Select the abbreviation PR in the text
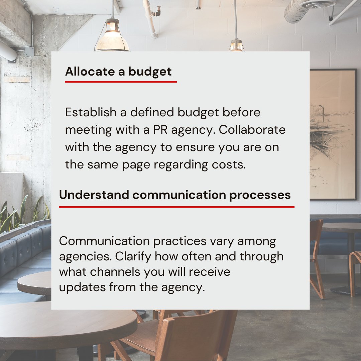click(x=160, y=130)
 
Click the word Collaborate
click(x=252, y=130)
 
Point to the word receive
click(x=210, y=272)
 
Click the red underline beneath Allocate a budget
click(x=121, y=81)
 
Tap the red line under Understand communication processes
click(x=176, y=207)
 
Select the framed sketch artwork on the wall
click(x=332, y=134)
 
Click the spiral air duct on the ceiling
click(x=301, y=10)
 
